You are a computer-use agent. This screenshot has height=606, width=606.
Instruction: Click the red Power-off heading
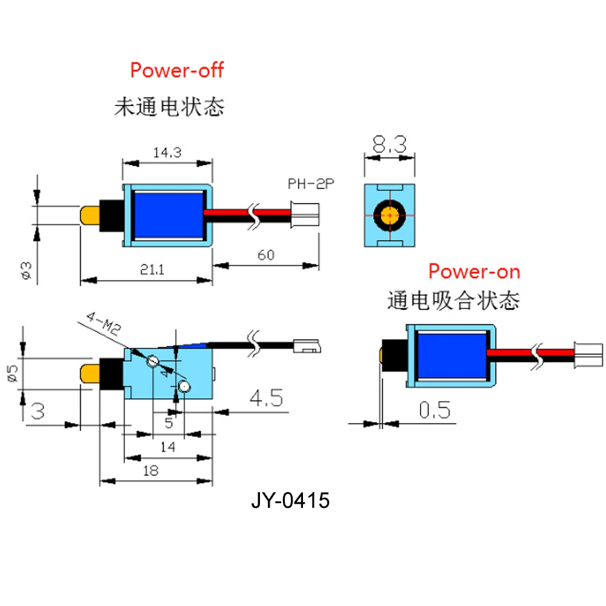pos(177,70)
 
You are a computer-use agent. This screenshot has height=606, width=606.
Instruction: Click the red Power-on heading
pos(474,271)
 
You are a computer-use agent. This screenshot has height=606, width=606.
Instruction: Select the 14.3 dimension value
pos(167,153)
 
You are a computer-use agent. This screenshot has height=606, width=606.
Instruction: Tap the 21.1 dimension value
pos(150,270)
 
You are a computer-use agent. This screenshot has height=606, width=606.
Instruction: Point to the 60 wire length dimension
pos(265,255)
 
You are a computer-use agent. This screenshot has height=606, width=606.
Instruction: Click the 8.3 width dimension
pos(390,144)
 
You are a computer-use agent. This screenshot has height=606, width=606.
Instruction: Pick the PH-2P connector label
pos(311,184)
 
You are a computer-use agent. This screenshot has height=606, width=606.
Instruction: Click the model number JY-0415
pos(290,501)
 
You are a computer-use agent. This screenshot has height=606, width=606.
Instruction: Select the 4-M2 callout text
pos(105,324)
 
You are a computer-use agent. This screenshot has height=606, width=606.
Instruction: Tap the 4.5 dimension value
pos(265,399)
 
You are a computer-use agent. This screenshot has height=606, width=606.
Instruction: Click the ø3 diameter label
pos(25,271)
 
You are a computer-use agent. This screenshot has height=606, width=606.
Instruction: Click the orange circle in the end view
pos(390,215)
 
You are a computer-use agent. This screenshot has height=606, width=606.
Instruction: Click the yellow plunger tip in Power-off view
pos(90,215)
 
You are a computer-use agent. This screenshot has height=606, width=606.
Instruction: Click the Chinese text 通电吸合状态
pos(453,300)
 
